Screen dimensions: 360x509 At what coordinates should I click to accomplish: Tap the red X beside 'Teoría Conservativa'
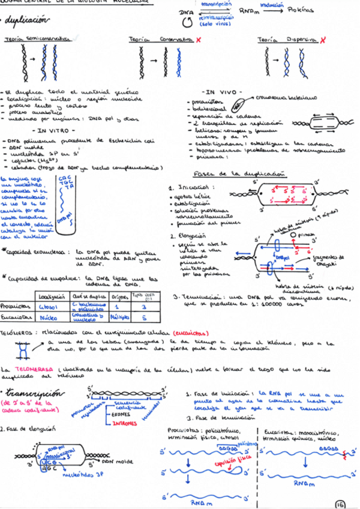click(x=199, y=39)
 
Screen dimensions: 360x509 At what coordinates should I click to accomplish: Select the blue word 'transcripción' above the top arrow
click(x=217, y=4)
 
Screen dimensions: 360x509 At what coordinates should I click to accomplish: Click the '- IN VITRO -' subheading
click(x=53, y=130)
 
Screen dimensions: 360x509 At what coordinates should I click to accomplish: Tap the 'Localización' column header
click(x=52, y=296)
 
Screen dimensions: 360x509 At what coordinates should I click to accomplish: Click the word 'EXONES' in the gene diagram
click(x=125, y=414)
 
